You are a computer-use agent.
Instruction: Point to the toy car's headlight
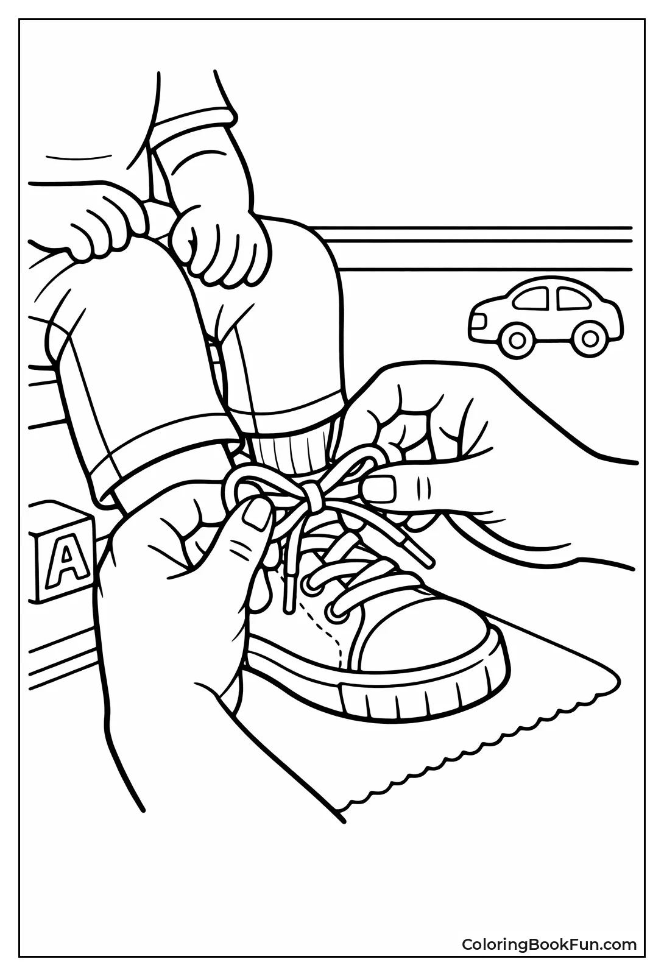click(478, 320)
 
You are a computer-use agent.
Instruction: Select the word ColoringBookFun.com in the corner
click(549, 945)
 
